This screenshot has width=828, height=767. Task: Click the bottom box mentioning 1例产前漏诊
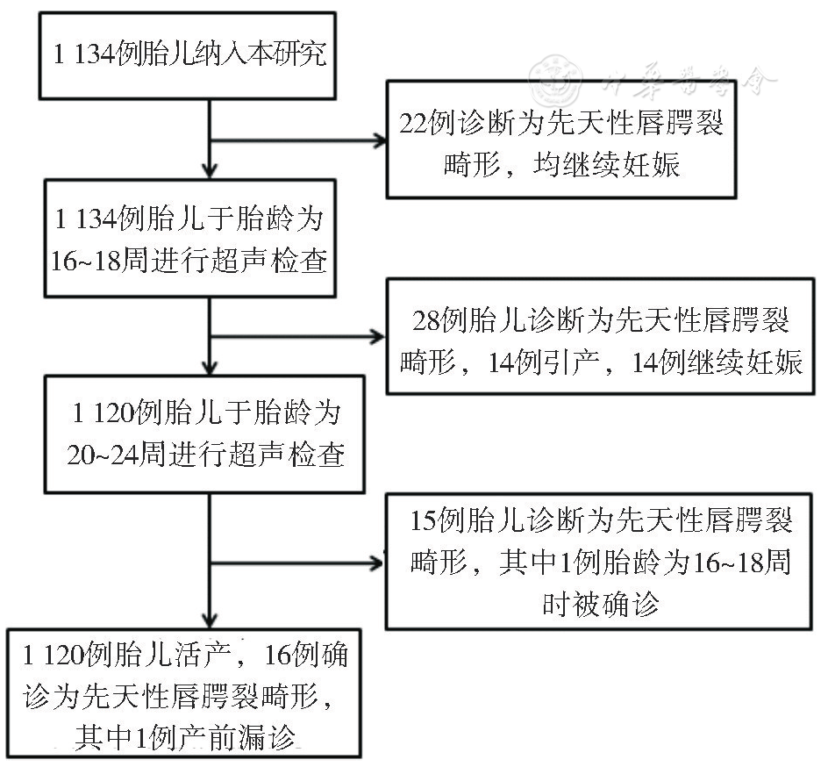184,692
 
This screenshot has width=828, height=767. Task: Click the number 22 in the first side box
412,124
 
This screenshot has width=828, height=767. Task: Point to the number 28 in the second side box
425,319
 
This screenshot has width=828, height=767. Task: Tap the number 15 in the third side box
423,520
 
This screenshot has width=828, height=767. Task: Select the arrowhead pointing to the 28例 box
380,337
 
